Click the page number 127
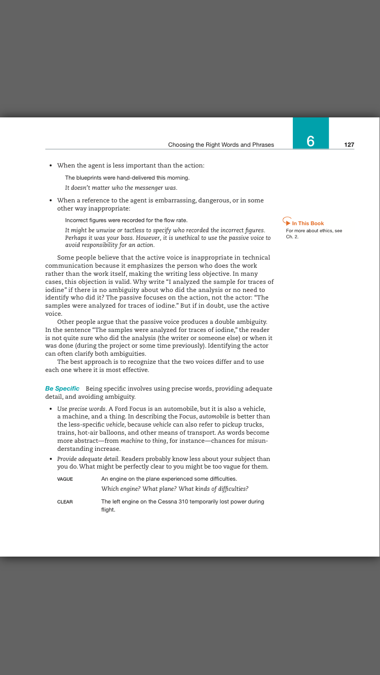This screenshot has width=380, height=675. pos(349,145)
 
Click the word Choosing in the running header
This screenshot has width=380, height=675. pos(180,145)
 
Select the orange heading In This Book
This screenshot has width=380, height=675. pos(308,223)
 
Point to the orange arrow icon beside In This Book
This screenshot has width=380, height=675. pos(287,222)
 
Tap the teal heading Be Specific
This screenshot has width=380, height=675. pos(62,389)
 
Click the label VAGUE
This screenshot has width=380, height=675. pos(65,479)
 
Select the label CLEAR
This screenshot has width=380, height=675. pos(65,502)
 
